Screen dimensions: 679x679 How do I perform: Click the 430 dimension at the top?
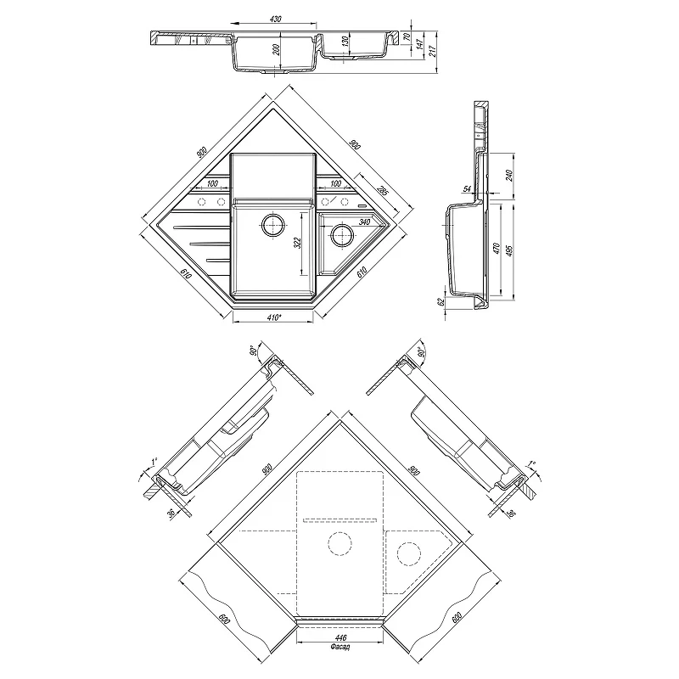tap(275, 19)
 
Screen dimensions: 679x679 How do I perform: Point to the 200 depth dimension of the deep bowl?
tap(277, 49)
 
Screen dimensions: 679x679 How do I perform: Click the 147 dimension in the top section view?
tap(419, 44)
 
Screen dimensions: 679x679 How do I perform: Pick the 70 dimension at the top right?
tap(407, 36)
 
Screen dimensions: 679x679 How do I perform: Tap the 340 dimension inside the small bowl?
tap(364, 222)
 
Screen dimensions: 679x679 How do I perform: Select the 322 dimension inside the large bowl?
tap(297, 243)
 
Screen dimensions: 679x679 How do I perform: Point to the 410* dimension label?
tap(274, 317)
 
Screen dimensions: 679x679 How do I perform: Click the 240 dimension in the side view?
tap(509, 176)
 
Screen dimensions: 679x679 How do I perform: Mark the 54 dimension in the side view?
tap(468, 188)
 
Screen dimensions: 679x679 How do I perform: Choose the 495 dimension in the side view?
tap(509, 250)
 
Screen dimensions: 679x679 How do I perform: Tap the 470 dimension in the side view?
tap(497, 249)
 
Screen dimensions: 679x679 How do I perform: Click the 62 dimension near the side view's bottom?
tap(441, 302)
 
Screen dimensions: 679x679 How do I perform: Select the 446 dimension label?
tap(341, 638)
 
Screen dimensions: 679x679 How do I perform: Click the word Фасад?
tap(340, 647)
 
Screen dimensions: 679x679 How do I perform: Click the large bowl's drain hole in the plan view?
tap(272, 224)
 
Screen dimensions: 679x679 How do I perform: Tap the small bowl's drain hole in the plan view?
tap(342, 236)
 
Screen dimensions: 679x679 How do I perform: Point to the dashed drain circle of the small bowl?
tap(409, 554)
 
